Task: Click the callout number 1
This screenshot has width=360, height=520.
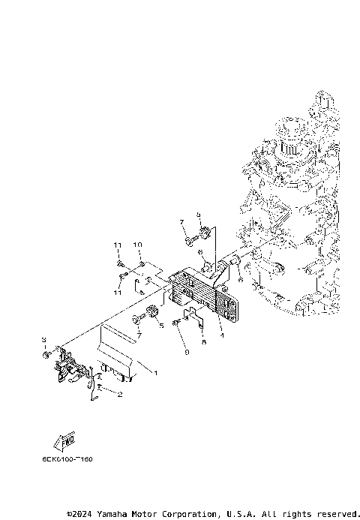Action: point(155,372)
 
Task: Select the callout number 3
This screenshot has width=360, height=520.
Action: point(44,340)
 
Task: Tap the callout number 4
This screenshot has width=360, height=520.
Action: point(222,335)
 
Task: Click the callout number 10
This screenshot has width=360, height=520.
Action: point(138,245)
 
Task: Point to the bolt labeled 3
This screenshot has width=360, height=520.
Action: point(49,352)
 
